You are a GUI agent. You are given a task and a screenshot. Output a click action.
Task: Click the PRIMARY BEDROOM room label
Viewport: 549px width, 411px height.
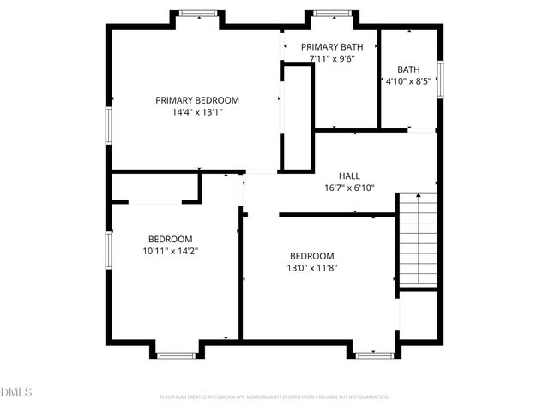pyautogui.click(x=196, y=100)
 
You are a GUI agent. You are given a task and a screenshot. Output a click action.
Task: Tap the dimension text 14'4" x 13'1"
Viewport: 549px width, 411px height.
pyautogui.click(x=196, y=111)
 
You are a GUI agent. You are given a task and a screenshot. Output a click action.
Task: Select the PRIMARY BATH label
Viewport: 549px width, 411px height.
pyautogui.click(x=331, y=47)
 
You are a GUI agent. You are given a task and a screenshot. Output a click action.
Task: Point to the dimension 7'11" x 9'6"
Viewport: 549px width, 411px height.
pyautogui.click(x=331, y=59)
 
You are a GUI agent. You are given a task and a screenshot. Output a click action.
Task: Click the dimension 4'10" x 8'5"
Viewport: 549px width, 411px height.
pyautogui.click(x=408, y=81)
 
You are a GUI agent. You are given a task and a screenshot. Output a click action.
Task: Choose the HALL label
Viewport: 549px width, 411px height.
pyautogui.click(x=349, y=176)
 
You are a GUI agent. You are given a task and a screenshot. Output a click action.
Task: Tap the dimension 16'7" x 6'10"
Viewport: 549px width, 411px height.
pyautogui.click(x=349, y=188)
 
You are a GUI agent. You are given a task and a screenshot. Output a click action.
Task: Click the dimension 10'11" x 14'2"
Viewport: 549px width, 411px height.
pyautogui.click(x=170, y=251)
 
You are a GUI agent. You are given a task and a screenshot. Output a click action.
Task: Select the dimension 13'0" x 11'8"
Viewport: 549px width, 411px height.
pyautogui.click(x=311, y=268)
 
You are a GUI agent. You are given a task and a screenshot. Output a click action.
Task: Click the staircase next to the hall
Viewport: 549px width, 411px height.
pyautogui.click(x=417, y=240)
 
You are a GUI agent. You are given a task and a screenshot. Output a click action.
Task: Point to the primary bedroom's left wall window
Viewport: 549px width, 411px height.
pyautogui.click(x=109, y=125)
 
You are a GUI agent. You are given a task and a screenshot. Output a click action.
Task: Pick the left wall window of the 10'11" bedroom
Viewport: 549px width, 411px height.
pyautogui.click(x=109, y=248)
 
